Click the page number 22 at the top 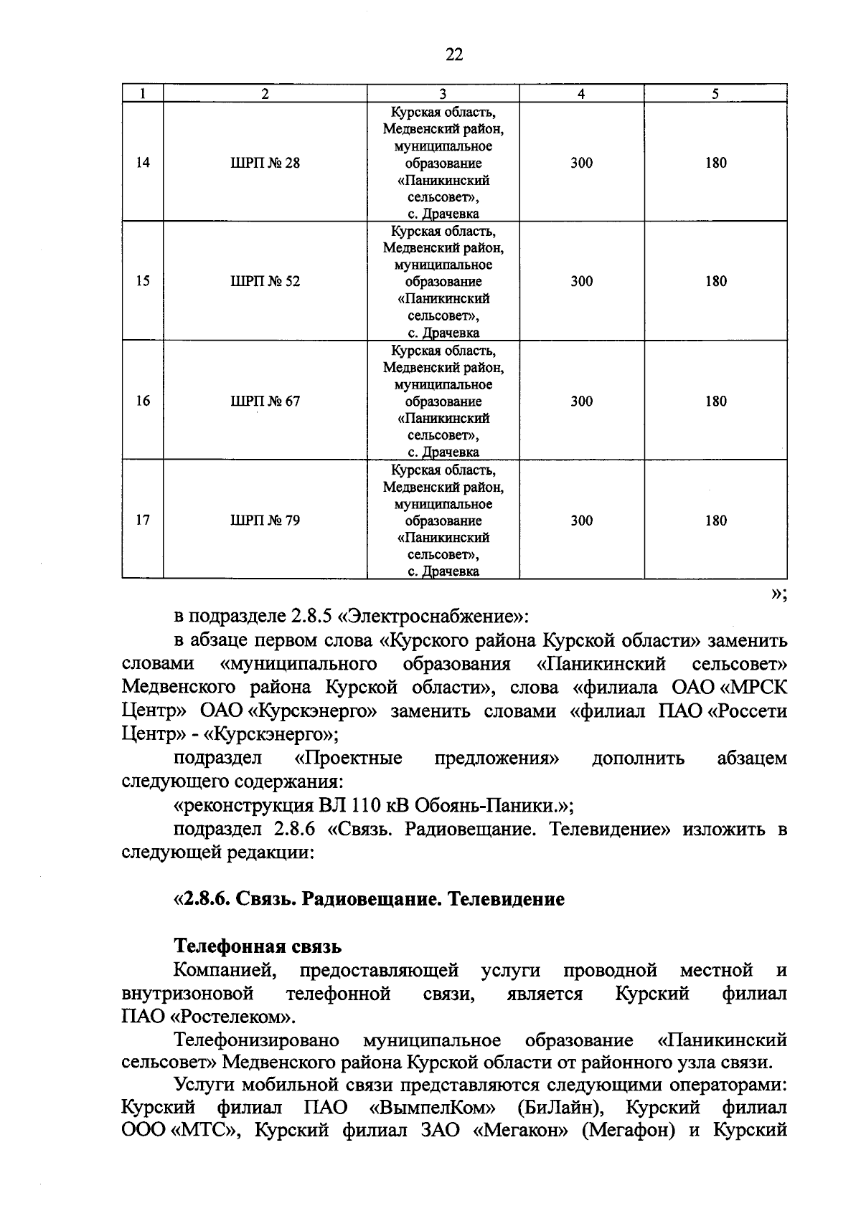(x=454, y=54)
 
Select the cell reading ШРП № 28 (x=265, y=163)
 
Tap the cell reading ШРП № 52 (x=265, y=281)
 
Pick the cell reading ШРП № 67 (x=265, y=401)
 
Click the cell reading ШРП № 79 (x=265, y=521)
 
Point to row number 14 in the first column (x=143, y=163)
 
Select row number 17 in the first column (x=143, y=521)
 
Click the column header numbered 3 (x=443, y=94)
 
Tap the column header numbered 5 (x=715, y=94)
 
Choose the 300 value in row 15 (x=581, y=281)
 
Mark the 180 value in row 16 (x=715, y=401)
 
